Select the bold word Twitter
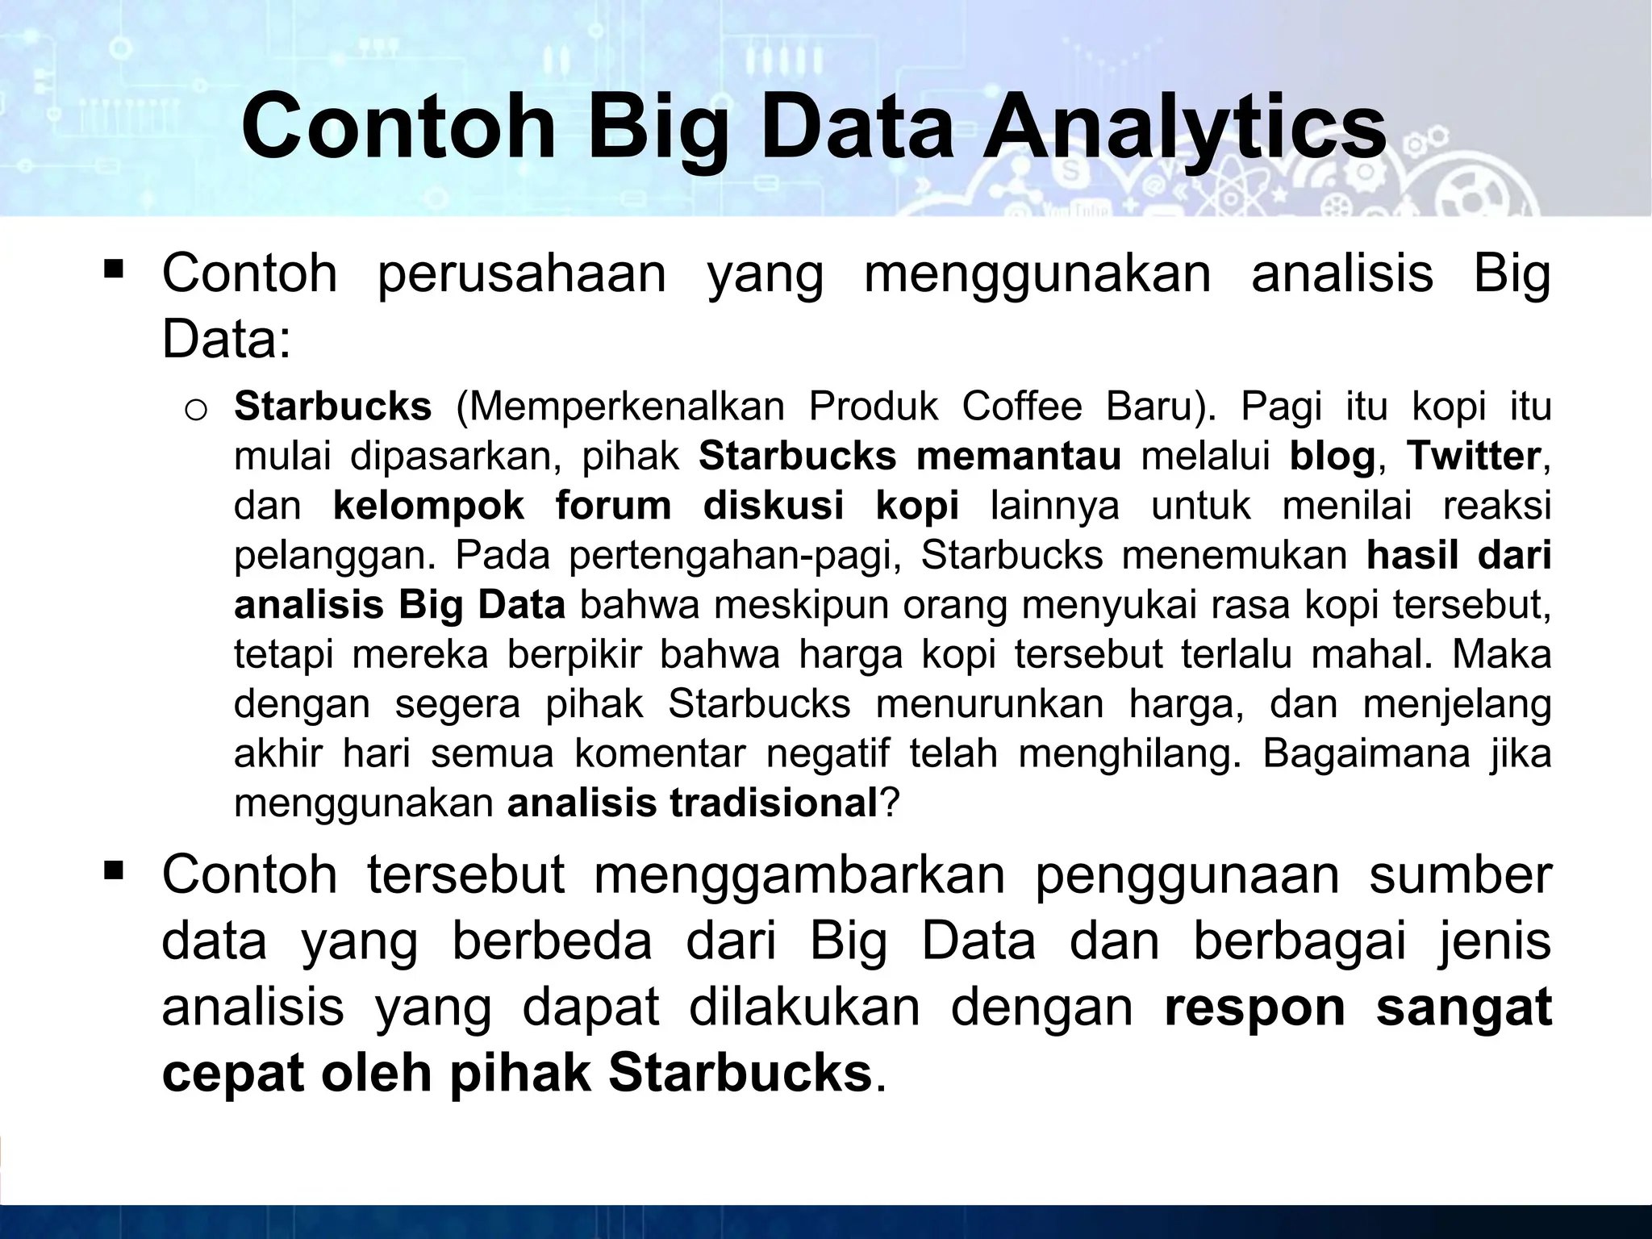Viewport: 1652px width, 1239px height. (1474, 457)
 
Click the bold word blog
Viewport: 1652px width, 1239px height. (1332, 457)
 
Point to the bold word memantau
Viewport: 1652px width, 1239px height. (1019, 457)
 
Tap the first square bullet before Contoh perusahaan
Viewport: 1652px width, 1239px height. (113, 267)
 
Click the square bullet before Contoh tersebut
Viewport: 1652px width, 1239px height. (113, 870)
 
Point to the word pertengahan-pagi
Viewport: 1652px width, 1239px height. (735, 556)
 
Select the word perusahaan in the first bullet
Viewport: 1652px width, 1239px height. (521, 274)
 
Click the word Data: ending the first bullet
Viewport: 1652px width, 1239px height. (226, 340)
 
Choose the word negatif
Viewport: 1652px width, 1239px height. (827, 754)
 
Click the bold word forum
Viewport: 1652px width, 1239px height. (613, 507)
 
